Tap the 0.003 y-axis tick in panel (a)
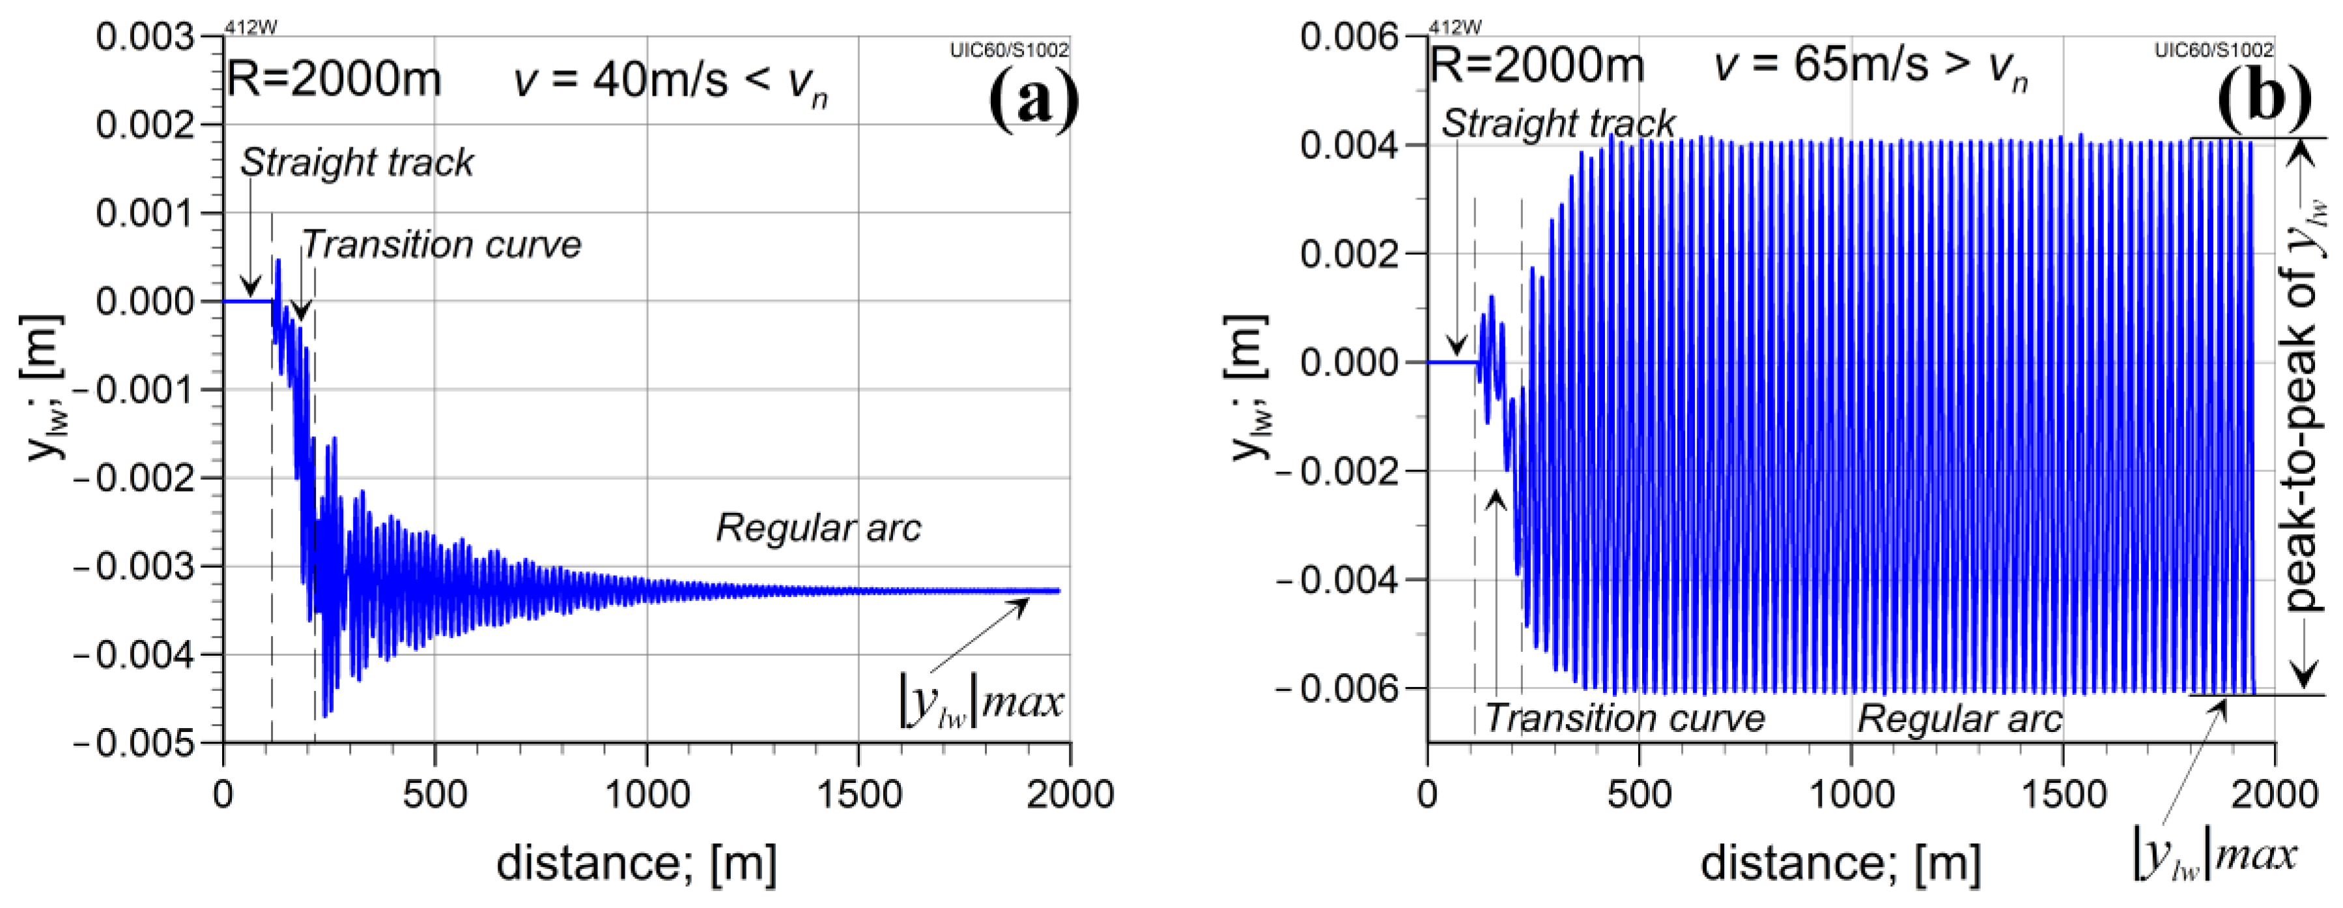pyautogui.click(x=145, y=37)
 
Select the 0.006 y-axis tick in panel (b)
pyautogui.click(x=1349, y=37)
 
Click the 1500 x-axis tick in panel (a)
pyautogui.click(x=859, y=795)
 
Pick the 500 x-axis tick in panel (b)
pyautogui.click(x=1639, y=795)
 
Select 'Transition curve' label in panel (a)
pyautogui.click(x=441, y=244)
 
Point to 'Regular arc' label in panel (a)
pyautogui.click(x=819, y=528)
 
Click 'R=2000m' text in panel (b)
pyautogui.click(x=1537, y=65)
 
